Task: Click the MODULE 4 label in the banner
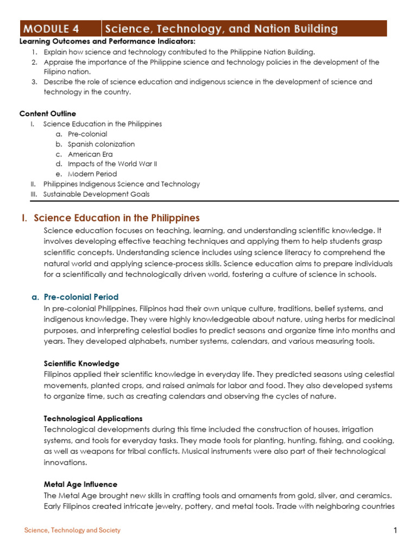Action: point(54,29)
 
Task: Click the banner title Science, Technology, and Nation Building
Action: point(221,29)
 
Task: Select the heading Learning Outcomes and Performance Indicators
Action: point(108,42)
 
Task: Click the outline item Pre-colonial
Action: point(87,134)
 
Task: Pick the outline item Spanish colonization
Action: point(101,144)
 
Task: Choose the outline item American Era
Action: point(90,154)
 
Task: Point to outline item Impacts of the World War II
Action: point(112,164)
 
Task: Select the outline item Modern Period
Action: point(92,174)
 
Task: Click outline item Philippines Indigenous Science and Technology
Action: point(122,184)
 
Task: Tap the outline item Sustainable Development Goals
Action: point(97,194)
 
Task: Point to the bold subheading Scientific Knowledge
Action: point(81,363)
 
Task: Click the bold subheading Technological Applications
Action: point(93,419)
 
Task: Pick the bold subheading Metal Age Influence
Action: point(80,484)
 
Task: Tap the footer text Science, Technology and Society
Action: point(72,530)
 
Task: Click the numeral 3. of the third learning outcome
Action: point(34,82)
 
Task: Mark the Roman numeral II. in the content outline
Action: point(33,184)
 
